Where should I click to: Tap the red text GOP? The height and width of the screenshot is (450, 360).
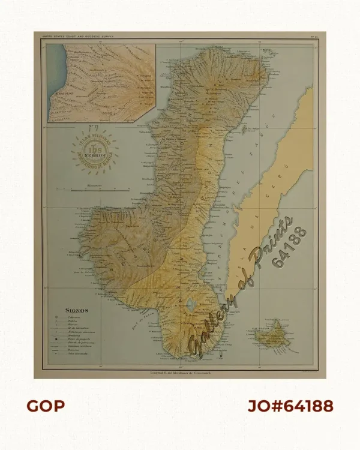point(46,406)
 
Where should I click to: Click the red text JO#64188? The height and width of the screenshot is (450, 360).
point(290,406)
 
